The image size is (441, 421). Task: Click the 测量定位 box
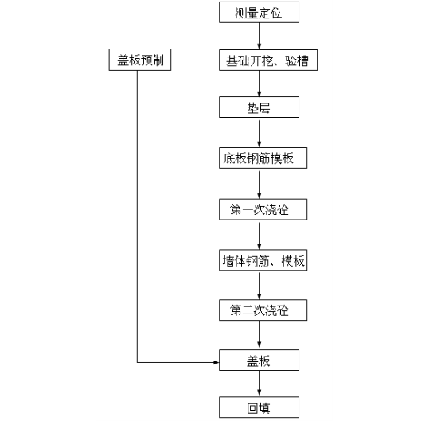point(259,13)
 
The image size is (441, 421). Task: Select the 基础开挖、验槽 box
point(268,60)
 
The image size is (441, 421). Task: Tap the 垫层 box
point(259,107)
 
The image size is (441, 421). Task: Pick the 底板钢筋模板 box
point(263,158)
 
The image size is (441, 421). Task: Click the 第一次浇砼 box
point(263,209)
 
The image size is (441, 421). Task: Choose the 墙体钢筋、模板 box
point(263,260)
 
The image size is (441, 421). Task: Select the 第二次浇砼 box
point(263,310)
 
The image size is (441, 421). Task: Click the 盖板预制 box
point(140,60)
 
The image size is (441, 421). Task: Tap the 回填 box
point(259,407)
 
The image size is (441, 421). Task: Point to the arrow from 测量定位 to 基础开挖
point(259,36)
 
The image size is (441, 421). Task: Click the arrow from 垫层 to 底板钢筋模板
point(259,132)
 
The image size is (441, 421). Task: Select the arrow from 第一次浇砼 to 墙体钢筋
point(259,235)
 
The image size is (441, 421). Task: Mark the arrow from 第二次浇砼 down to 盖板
point(259,334)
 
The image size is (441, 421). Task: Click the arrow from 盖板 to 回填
point(259,384)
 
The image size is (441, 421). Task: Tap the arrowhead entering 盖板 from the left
point(217,362)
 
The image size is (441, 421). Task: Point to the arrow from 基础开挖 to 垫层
point(259,84)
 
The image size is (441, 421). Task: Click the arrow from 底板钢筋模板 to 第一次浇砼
point(259,184)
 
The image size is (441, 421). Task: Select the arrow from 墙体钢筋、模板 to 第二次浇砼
point(259,285)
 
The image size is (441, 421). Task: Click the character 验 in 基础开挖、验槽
point(291,60)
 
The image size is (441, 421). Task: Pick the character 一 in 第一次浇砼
point(248,210)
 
